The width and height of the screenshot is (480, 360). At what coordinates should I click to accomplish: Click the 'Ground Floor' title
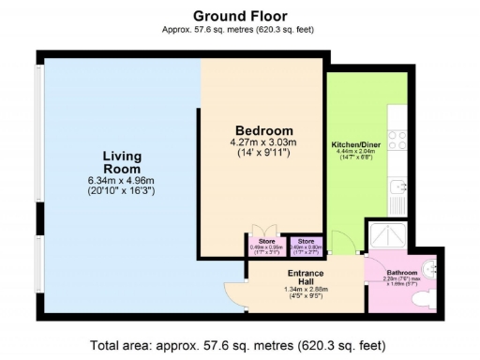pos(239,16)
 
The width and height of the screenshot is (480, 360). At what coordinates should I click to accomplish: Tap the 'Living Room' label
pos(122,161)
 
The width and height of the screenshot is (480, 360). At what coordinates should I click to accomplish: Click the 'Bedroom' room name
pos(263,130)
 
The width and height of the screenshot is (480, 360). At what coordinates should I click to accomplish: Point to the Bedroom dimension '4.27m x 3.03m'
pos(263,142)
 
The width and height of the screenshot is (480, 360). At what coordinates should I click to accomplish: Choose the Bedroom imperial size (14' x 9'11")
pos(263,152)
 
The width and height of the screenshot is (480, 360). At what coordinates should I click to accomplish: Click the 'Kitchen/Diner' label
pos(356,144)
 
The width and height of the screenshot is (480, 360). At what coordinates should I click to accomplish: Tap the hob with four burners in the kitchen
pos(397,140)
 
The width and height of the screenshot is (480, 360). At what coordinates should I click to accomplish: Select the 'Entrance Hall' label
pos(305,277)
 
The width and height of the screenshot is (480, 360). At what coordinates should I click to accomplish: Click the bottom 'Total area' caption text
pos(239,343)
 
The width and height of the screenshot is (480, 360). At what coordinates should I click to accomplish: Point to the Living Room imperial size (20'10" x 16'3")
pos(122,190)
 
